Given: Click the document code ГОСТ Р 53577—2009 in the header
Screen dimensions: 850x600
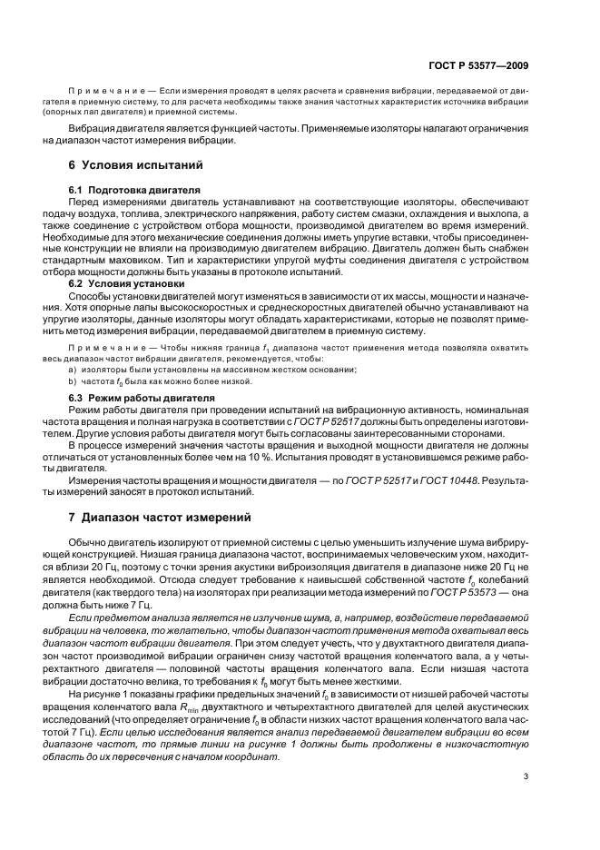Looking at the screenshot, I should pos(477,65).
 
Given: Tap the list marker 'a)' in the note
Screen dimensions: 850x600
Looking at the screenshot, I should pos(73,369).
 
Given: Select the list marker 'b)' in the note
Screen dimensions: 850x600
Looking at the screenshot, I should pos(73,381).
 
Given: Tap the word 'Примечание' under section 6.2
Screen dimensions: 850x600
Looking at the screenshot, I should pos(103,348).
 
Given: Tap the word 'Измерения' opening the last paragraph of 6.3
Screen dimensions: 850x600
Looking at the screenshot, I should pos(96,479).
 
